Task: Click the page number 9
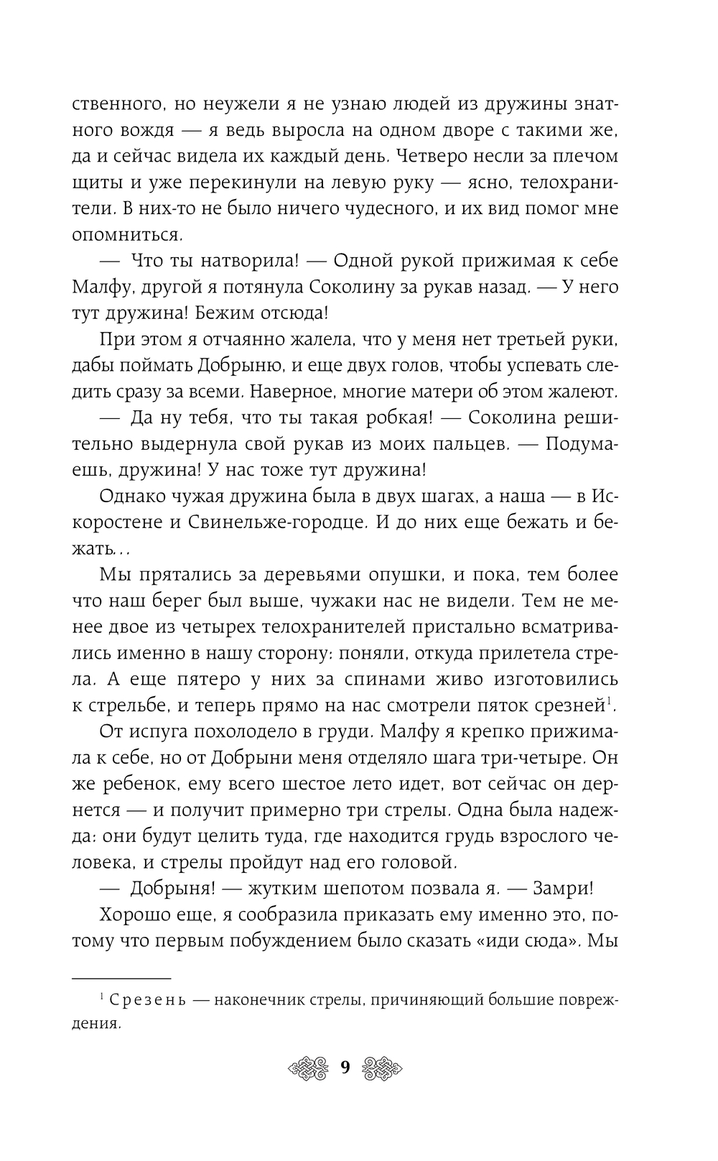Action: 345,1068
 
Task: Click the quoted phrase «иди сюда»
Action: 529,940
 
